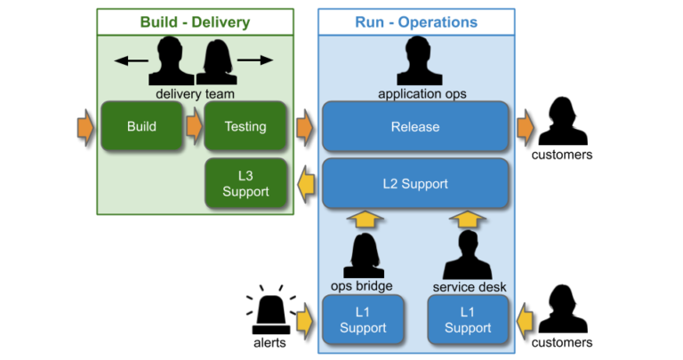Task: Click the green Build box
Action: click(141, 126)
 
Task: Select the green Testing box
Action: click(245, 126)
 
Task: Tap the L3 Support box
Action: click(245, 183)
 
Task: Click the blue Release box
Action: click(414, 126)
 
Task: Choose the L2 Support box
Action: click(414, 183)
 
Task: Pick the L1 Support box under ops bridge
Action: click(363, 320)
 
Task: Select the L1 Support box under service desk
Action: click(468, 320)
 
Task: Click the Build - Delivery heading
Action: click(195, 22)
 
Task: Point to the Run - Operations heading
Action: click(415, 22)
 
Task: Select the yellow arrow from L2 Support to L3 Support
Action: click(306, 184)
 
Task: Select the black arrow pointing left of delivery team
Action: click(132, 60)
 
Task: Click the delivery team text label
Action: click(194, 92)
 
